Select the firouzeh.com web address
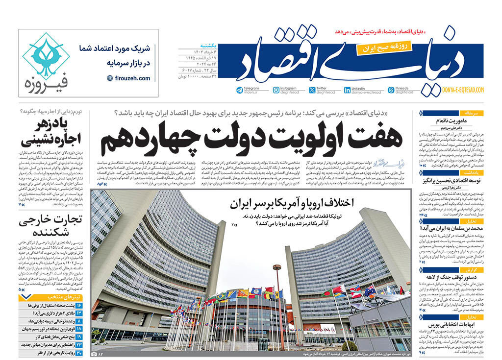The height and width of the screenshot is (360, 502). [x=129, y=78]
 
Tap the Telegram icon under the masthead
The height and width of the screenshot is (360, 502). [x=240, y=90]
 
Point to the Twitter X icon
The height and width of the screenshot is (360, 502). [x=312, y=90]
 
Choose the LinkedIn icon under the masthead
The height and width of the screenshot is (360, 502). [x=347, y=90]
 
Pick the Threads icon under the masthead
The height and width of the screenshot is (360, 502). [x=391, y=90]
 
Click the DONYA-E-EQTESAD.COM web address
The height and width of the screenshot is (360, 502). [x=463, y=90]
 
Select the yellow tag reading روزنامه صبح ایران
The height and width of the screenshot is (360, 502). [x=380, y=48]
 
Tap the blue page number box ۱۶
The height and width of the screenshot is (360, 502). [x=79, y=305]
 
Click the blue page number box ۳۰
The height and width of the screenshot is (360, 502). [x=79, y=352]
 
